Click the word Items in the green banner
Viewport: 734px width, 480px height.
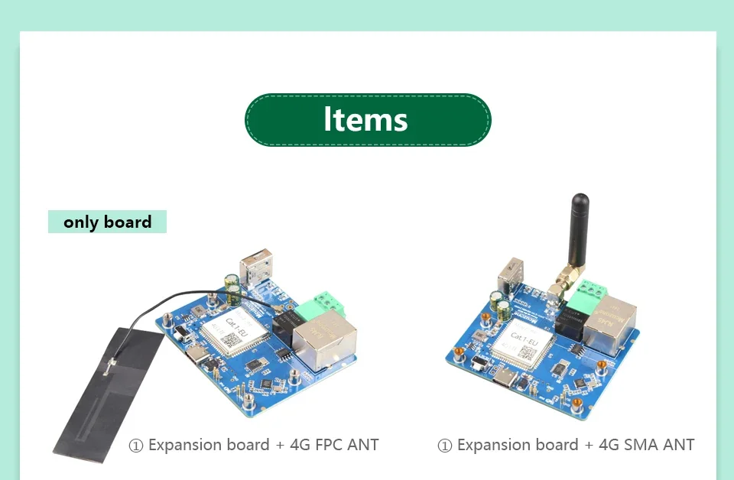click(365, 120)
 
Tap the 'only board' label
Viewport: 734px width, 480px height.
click(107, 222)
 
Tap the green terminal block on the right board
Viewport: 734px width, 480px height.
click(593, 291)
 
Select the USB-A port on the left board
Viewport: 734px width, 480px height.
click(255, 268)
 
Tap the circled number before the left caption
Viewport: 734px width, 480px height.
click(136, 446)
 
